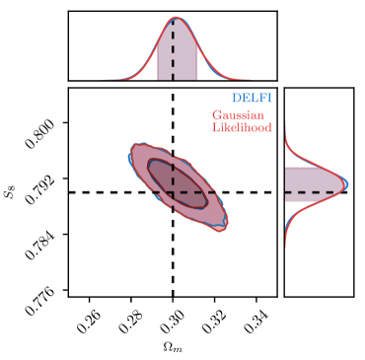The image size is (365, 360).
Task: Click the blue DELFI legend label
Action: click(252, 99)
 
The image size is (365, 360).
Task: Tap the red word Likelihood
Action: click(242, 127)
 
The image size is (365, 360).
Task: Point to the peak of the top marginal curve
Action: click(177, 18)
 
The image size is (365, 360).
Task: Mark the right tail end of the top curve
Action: click(248, 78)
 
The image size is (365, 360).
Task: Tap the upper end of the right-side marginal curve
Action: click(286, 124)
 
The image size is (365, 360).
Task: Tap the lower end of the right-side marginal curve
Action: click(286, 247)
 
